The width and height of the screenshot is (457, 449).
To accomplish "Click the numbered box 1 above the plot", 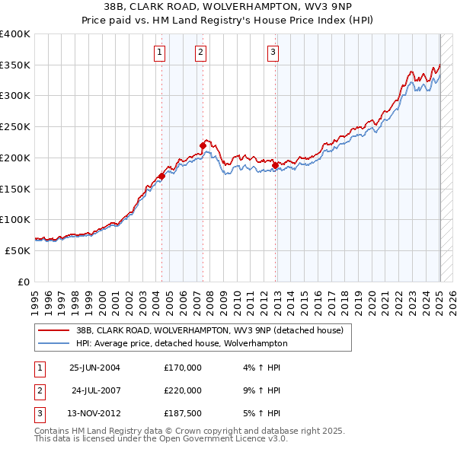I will coord(160,53).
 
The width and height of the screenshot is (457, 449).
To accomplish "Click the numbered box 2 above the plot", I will coord(200,53).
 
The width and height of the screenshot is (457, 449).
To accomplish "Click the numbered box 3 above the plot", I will coord(273,53).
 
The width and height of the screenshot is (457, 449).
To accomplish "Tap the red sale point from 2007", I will coord(203,145).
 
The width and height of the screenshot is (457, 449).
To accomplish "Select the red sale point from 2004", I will coord(161,177).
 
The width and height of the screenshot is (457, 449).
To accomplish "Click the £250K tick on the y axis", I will coord(14,126).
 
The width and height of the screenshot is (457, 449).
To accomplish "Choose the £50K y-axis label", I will coord(18,250).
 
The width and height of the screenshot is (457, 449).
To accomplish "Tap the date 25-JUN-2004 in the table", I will coord(94,368).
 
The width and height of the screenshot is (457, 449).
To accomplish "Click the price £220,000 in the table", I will coord(183,390).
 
